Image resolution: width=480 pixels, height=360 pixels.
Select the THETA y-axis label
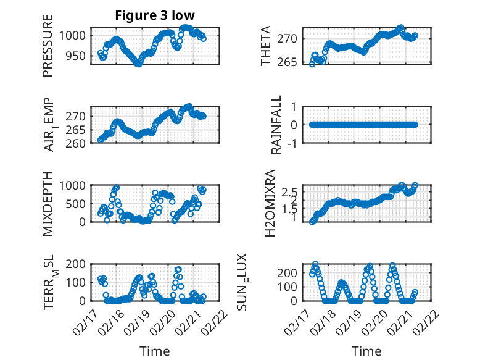pos(266,46)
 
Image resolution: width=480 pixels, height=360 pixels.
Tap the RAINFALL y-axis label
pos(276,125)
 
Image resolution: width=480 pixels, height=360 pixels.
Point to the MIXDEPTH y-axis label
pos(48,203)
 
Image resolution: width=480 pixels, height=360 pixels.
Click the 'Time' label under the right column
pos(366,351)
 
